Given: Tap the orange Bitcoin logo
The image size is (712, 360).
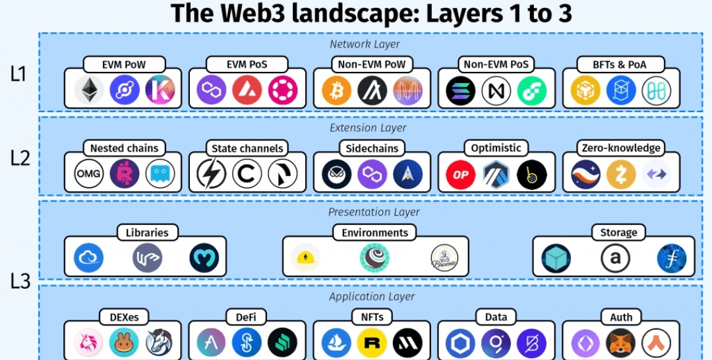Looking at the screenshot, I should [336, 90].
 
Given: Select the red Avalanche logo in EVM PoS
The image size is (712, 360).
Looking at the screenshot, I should [247, 90].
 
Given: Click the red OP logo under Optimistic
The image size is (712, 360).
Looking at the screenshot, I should [461, 174].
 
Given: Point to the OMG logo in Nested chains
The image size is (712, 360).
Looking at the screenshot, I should [89, 174].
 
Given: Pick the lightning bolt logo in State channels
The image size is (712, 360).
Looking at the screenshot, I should [212, 174].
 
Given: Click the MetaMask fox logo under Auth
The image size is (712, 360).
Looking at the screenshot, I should [621, 343].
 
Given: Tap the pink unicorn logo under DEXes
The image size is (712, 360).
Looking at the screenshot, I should [88, 343].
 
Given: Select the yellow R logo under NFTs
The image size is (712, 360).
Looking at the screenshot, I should [372, 343].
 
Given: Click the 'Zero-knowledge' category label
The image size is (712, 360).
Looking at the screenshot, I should [620, 148].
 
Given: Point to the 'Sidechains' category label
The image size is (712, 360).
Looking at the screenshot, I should [372, 148].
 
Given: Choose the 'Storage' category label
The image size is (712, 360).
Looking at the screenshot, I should [618, 232].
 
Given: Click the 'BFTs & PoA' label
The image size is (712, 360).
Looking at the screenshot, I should [620, 64].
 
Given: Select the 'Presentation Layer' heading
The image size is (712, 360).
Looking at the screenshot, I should [373, 212].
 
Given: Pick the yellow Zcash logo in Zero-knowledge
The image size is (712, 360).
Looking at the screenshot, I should [621, 174].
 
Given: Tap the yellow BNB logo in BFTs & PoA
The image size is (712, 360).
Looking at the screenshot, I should [585, 90].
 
